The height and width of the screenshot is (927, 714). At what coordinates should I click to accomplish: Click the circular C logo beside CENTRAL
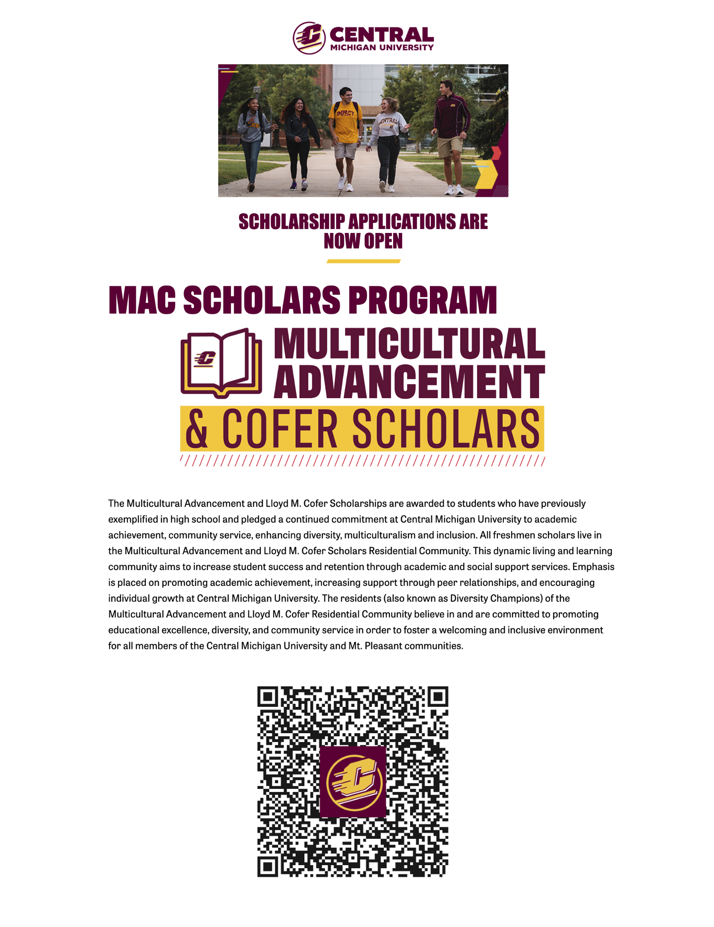308,38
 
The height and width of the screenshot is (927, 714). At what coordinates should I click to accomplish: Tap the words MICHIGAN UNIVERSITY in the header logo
382,48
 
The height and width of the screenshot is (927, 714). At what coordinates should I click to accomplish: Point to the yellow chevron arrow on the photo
486,174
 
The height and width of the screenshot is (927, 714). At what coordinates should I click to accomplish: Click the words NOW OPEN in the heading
363,241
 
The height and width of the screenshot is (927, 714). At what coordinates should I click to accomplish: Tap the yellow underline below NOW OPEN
363,261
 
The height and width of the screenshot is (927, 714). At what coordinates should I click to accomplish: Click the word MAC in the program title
142,300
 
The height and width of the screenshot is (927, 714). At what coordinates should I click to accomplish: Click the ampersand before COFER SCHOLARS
196,429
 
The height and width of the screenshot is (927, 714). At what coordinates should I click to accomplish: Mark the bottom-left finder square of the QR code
268,867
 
